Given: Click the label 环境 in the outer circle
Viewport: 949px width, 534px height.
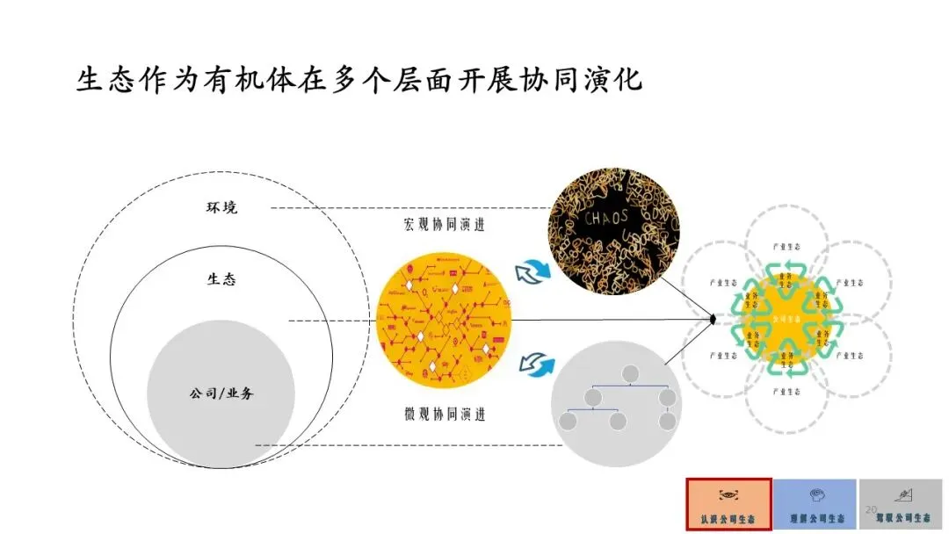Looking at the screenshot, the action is click(222, 208).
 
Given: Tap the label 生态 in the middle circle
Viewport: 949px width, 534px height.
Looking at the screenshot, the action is click(221, 279).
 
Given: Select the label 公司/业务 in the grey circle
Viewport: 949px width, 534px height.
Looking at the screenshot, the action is click(221, 393).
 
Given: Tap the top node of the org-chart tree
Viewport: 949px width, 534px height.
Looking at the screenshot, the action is click(629, 372).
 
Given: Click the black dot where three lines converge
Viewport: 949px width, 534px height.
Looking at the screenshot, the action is click(713, 320).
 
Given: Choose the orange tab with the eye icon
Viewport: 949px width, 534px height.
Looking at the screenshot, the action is click(728, 504).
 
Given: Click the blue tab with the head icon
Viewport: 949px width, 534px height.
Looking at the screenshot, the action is click(814, 504).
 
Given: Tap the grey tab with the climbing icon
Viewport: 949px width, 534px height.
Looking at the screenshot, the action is click(900, 504).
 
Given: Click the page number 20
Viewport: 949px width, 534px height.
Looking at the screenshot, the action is click(872, 509).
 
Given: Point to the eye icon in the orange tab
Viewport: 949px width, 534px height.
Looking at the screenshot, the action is click(728, 494).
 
